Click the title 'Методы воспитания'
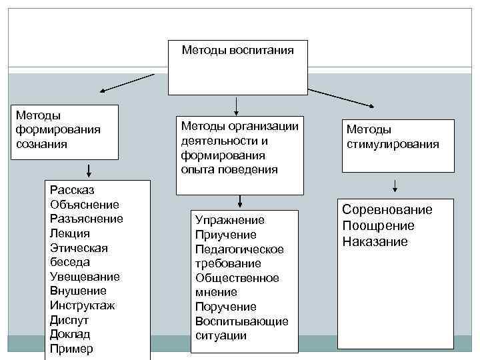click(x=238, y=50)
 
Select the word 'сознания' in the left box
click(x=42, y=144)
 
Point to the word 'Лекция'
click(x=69, y=233)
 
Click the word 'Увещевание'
click(x=85, y=277)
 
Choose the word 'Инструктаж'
click(x=83, y=305)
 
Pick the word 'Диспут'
click(x=69, y=320)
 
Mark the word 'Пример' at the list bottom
click(x=71, y=349)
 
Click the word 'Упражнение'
click(x=230, y=220)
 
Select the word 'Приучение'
click(x=226, y=235)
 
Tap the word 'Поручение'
click(x=225, y=307)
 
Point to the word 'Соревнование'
click(x=387, y=210)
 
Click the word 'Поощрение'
click(x=378, y=226)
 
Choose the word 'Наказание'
click(x=375, y=241)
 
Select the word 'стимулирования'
click(x=393, y=144)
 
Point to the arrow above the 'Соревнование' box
click(x=395, y=185)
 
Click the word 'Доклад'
click(x=69, y=334)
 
